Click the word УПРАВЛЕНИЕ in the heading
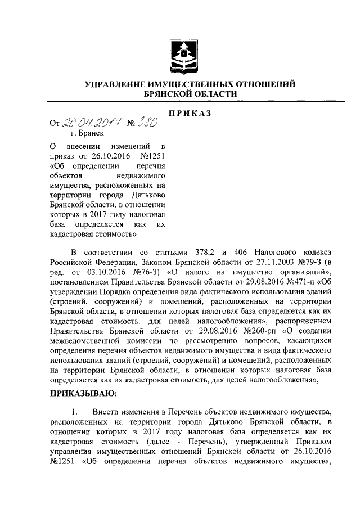(116, 84)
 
